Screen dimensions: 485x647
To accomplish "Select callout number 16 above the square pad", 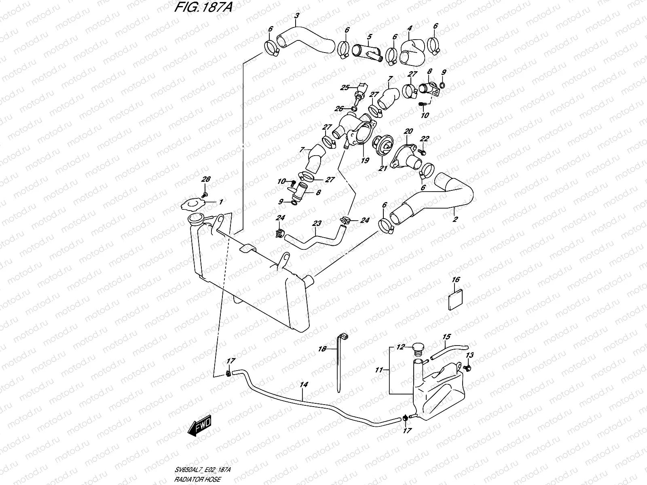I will [456, 280].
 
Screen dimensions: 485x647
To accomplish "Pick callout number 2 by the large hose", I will [455, 220].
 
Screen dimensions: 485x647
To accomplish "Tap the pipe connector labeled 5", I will [367, 53].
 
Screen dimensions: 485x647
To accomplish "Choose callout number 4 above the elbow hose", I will [410, 28].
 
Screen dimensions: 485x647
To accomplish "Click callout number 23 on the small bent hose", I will [317, 223].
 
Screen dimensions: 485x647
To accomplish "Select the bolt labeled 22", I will [423, 152].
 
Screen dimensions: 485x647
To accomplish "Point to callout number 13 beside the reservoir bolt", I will [469, 355].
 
